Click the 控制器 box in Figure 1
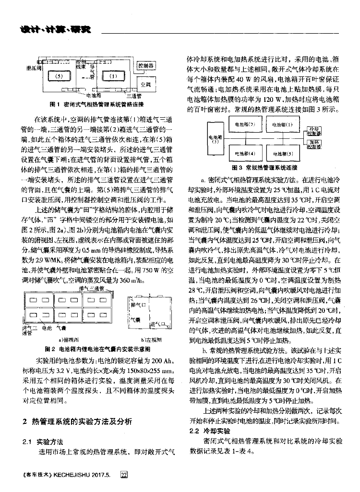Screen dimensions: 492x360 point(145,65)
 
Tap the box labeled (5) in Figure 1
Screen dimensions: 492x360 point(59,76)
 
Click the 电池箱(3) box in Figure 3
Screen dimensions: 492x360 point(216,140)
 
